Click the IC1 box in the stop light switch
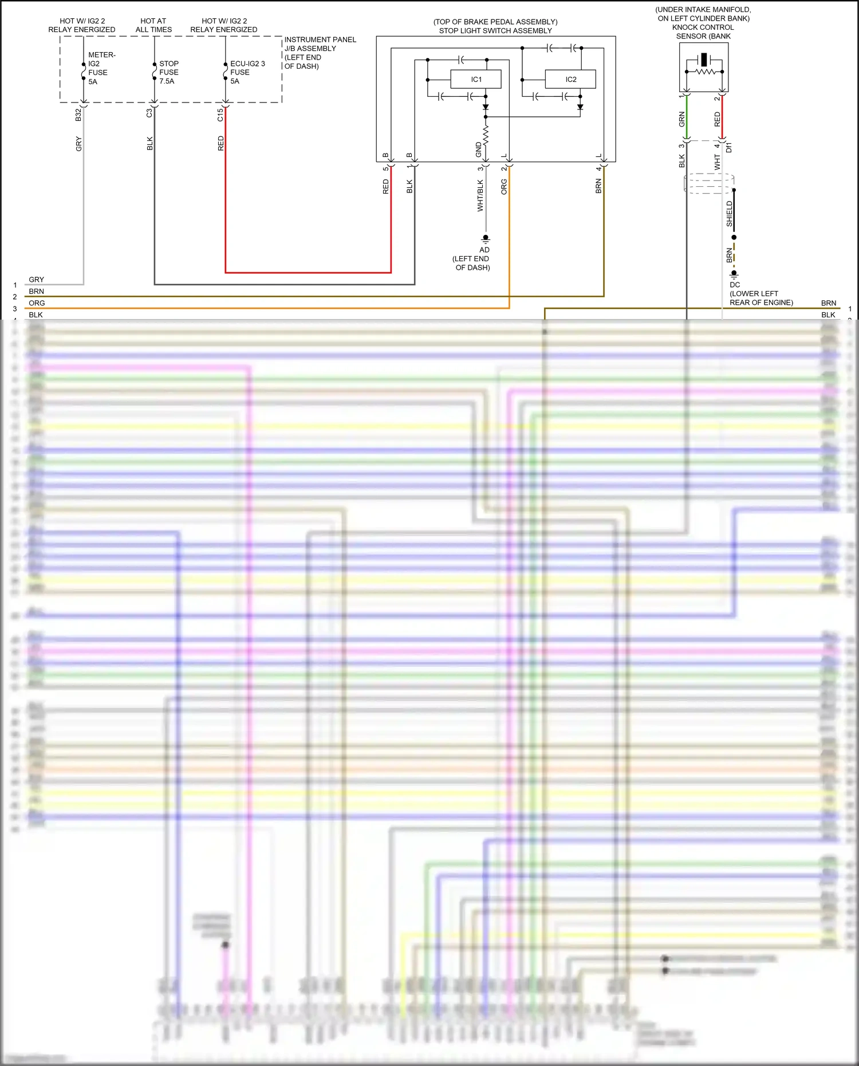coord(476,79)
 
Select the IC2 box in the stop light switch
coord(570,79)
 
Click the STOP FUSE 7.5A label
coord(168,72)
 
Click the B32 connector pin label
coord(78,115)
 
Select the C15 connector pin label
coord(220,115)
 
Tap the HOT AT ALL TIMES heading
coord(153,25)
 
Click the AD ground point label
coord(484,250)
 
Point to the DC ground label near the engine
coord(735,285)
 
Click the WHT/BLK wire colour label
coord(480,196)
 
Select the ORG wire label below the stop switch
coord(504,187)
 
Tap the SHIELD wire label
coord(730,213)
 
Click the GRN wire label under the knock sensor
coord(681,119)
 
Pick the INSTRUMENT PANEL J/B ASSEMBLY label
coord(320,53)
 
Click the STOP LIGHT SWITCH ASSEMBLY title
coord(495,31)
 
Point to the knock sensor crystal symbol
coord(704,60)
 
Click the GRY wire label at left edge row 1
coord(36,280)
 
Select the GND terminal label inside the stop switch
coord(479,150)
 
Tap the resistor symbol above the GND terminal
coord(486,135)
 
